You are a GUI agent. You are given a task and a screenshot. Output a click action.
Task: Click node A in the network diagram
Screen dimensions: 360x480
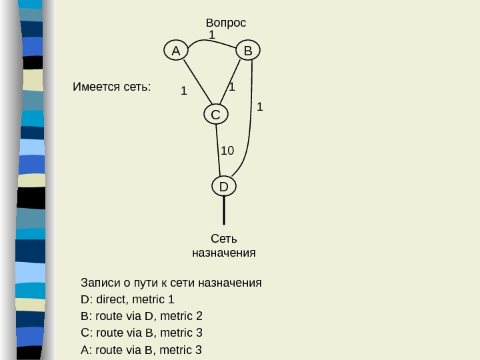(175, 51)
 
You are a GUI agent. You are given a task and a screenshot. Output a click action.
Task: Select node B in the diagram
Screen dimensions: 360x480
(247, 51)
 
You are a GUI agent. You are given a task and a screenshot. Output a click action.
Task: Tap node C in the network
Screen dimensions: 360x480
(215, 115)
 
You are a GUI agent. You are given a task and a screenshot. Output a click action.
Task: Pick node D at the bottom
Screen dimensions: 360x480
(223, 187)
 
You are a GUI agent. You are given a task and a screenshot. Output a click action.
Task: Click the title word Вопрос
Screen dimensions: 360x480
(226, 23)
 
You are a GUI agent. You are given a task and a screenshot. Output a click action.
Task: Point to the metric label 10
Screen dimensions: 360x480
(227, 151)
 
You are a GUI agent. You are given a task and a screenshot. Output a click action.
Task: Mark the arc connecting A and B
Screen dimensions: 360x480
(212, 41)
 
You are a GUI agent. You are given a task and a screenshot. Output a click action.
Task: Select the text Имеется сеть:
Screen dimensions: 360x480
(111, 87)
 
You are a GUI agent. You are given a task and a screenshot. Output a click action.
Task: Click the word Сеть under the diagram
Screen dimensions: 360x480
(223, 239)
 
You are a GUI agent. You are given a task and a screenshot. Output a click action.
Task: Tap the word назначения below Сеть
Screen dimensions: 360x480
(223, 253)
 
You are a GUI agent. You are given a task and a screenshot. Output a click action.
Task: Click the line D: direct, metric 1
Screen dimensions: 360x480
(127, 299)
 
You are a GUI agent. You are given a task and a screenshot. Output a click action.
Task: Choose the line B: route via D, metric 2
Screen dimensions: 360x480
(141, 315)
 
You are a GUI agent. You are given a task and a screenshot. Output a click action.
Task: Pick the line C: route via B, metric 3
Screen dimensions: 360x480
(141, 333)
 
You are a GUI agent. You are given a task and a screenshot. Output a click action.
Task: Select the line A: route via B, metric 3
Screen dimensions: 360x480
(141, 349)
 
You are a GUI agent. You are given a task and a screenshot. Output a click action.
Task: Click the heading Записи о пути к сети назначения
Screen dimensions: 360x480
(171, 282)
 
